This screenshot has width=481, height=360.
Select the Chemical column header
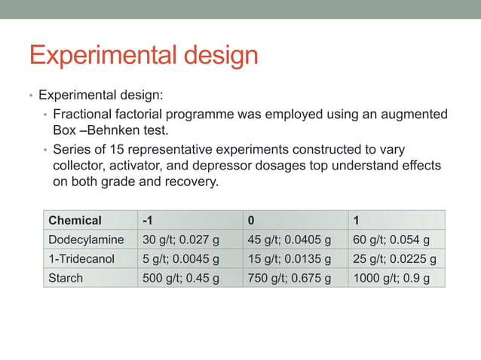click(x=75, y=221)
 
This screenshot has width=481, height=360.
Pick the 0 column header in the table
click(x=252, y=221)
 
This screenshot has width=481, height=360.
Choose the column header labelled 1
click(x=356, y=221)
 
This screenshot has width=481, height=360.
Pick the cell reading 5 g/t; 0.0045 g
click(x=180, y=260)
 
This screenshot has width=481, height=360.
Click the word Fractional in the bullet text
click(x=82, y=114)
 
